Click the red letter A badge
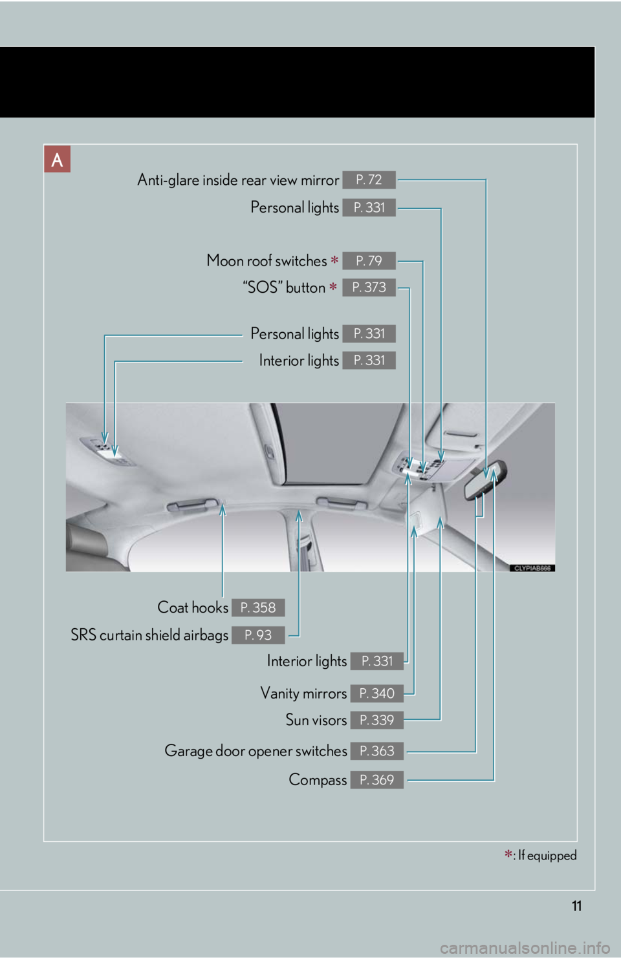pyautogui.click(x=57, y=159)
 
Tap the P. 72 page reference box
pyautogui.click(x=369, y=180)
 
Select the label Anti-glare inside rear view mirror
pyautogui.click(x=238, y=180)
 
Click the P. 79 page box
pyautogui.click(x=369, y=260)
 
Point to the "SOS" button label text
pyautogui.click(x=284, y=288)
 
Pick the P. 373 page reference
pyautogui.click(x=369, y=288)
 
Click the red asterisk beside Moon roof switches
pyautogui.click(x=334, y=259)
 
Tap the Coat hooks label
pyautogui.click(x=193, y=607)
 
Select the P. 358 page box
pyautogui.click(x=258, y=607)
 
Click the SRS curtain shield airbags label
pyautogui.click(x=149, y=635)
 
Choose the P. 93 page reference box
pyautogui.click(x=258, y=635)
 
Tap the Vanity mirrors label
pyautogui.click(x=303, y=693)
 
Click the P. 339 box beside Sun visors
pyautogui.click(x=376, y=720)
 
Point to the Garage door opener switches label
pyautogui.click(x=256, y=751)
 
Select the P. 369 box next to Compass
pyautogui.click(x=376, y=780)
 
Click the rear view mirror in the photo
pyautogui.click(x=485, y=480)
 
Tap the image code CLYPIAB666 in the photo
pyautogui.click(x=532, y=568)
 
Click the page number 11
pyautogui.click(x=576, y=906)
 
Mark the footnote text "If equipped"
pyautogui.click(x=547, y=855)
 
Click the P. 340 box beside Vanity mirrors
pyautogui.click(x=376, y=693)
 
